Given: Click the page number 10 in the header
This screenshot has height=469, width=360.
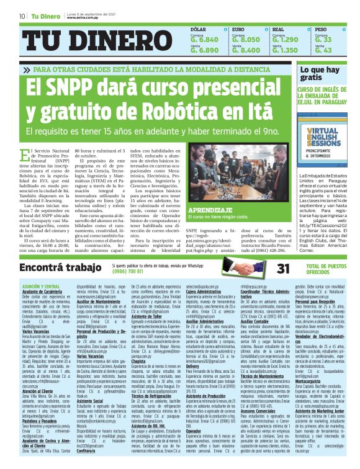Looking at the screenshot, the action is click(x=22, y=16).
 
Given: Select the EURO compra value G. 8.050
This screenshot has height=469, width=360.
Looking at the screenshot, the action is click(x=245, y=39).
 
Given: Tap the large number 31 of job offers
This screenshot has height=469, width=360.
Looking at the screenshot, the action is click(x=283, y=269).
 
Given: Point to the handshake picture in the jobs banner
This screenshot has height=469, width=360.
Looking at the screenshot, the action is click(x=243, y=268).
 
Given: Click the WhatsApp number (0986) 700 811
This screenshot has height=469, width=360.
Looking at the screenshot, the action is click(x=127, y=272).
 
